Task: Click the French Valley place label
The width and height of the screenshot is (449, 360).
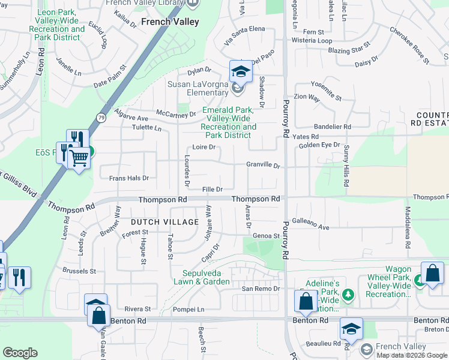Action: [x=170, y=22]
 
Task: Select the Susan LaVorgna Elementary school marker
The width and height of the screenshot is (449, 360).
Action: [x=240, y=72]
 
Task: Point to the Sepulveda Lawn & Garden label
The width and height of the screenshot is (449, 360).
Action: [x=202, y=277]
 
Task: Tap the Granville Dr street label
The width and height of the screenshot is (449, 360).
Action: [x=263, y=165]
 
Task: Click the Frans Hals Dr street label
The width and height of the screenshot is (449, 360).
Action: [x=128, y=178]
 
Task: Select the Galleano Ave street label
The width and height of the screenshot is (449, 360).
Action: [x=310, y=227]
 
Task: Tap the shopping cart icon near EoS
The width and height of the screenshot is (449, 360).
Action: [x=79, y=158]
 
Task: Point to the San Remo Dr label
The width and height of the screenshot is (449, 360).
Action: [x=261, y=289]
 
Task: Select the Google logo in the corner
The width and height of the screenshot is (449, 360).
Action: [x=20, y=353]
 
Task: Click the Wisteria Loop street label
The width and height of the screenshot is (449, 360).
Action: [x=312, y=41]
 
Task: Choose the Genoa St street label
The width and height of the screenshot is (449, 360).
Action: [x=266, y=236]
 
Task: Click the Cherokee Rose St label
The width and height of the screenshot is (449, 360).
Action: [x=409, y=45]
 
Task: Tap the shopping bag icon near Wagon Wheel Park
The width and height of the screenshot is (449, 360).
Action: [x=432, y=273]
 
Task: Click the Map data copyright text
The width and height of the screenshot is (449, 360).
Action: [x=412, y=355]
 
